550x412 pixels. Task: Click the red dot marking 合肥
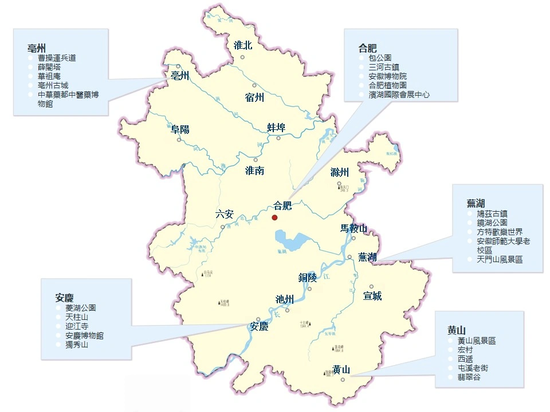(x=274, y=217)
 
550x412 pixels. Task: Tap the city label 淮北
(x=243, y=46)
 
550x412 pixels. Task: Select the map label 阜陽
(x=180, y=129)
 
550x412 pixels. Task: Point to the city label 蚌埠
(x=276, y=127)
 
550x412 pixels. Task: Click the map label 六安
(x=225, y=215)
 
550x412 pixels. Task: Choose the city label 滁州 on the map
(x=339, y=172)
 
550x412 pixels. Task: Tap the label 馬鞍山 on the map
(x=353, y=228)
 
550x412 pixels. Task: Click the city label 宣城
(x=372, y=296)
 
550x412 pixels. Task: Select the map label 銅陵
(x=307, y=278)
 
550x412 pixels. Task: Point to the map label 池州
(x=284, y=299)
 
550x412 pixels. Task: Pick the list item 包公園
(x=380, y=58)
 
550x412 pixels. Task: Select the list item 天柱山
(x=77, y=317)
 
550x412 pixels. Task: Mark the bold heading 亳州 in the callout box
(x=37, y=47)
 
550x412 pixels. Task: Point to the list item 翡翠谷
(x=469, y=377)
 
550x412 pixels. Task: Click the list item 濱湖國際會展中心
(x=399, y=94)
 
